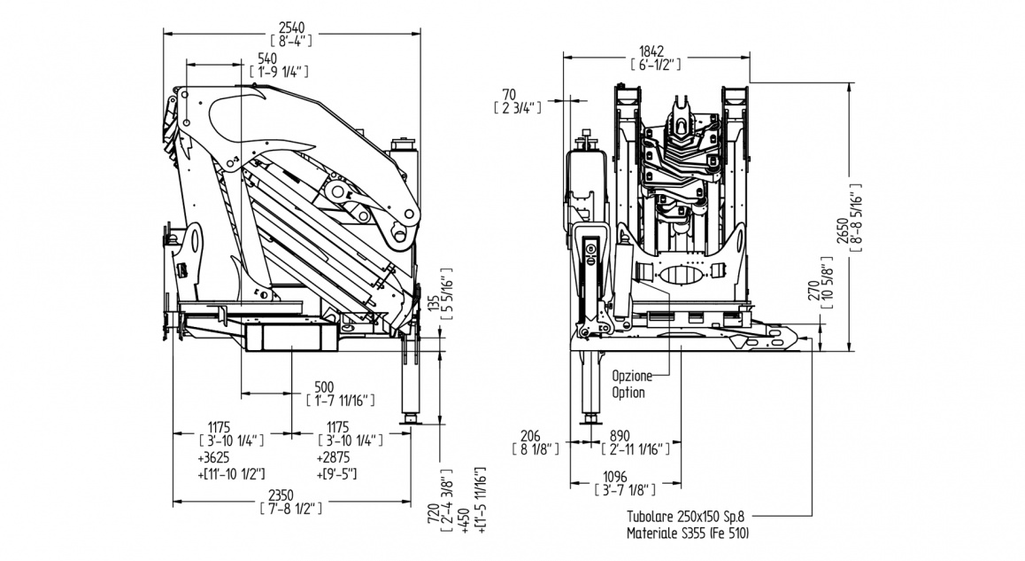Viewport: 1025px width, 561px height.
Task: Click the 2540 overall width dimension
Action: click(x=291, y=26)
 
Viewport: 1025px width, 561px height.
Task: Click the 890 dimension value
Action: click(x=621, y=436)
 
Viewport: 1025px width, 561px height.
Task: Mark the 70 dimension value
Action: click(x=508, y=94)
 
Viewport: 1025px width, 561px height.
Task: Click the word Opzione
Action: click(x=631, y=376)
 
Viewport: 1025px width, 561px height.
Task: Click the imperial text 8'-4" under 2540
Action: click(x=291, y=39)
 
